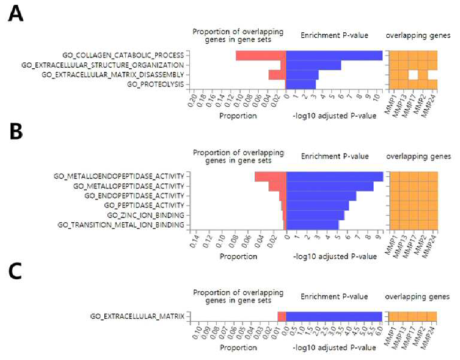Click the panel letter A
(15, 14)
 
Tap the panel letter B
(16, 131)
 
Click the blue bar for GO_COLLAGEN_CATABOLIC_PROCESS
(334, 56)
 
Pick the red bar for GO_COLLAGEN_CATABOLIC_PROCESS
(261, 56)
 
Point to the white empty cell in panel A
(413, 75)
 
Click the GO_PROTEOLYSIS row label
(156, 84)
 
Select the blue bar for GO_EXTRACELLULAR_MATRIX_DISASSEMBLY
(302, 75)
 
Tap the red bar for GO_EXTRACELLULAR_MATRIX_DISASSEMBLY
(277, 75)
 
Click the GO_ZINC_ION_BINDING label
(146, 216)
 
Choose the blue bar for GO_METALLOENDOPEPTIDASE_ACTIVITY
(335, 177)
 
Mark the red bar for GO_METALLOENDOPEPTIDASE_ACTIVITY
(271, 177)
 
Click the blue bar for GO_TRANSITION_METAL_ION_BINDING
(313, 225)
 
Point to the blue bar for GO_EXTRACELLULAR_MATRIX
(334, 317)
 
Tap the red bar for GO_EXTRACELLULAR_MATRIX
(282, 317)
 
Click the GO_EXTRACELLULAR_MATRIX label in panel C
(137, 316)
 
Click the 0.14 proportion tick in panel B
(195, 241)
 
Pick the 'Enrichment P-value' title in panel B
(335, 156)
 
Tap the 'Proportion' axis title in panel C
(238, 347)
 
